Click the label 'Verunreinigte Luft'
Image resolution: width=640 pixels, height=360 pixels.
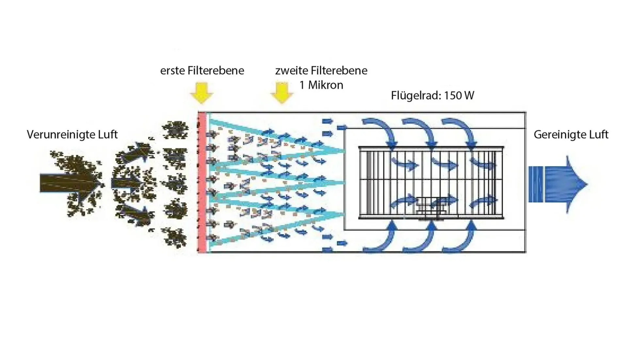[x=72, y=135]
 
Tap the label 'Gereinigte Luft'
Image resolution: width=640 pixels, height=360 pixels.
[x=571, y=135]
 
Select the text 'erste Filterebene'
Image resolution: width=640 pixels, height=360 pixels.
[x=202, y=71]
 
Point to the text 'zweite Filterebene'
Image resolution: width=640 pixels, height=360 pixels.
[x=321, y=71]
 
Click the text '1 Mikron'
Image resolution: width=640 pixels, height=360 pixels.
[x=321, y=85]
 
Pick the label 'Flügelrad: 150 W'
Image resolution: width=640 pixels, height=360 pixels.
[x=432, y=95]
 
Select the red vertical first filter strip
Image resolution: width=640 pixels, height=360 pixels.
[x=202, y=182]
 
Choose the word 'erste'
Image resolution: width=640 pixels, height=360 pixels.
[x=172, y=71]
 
